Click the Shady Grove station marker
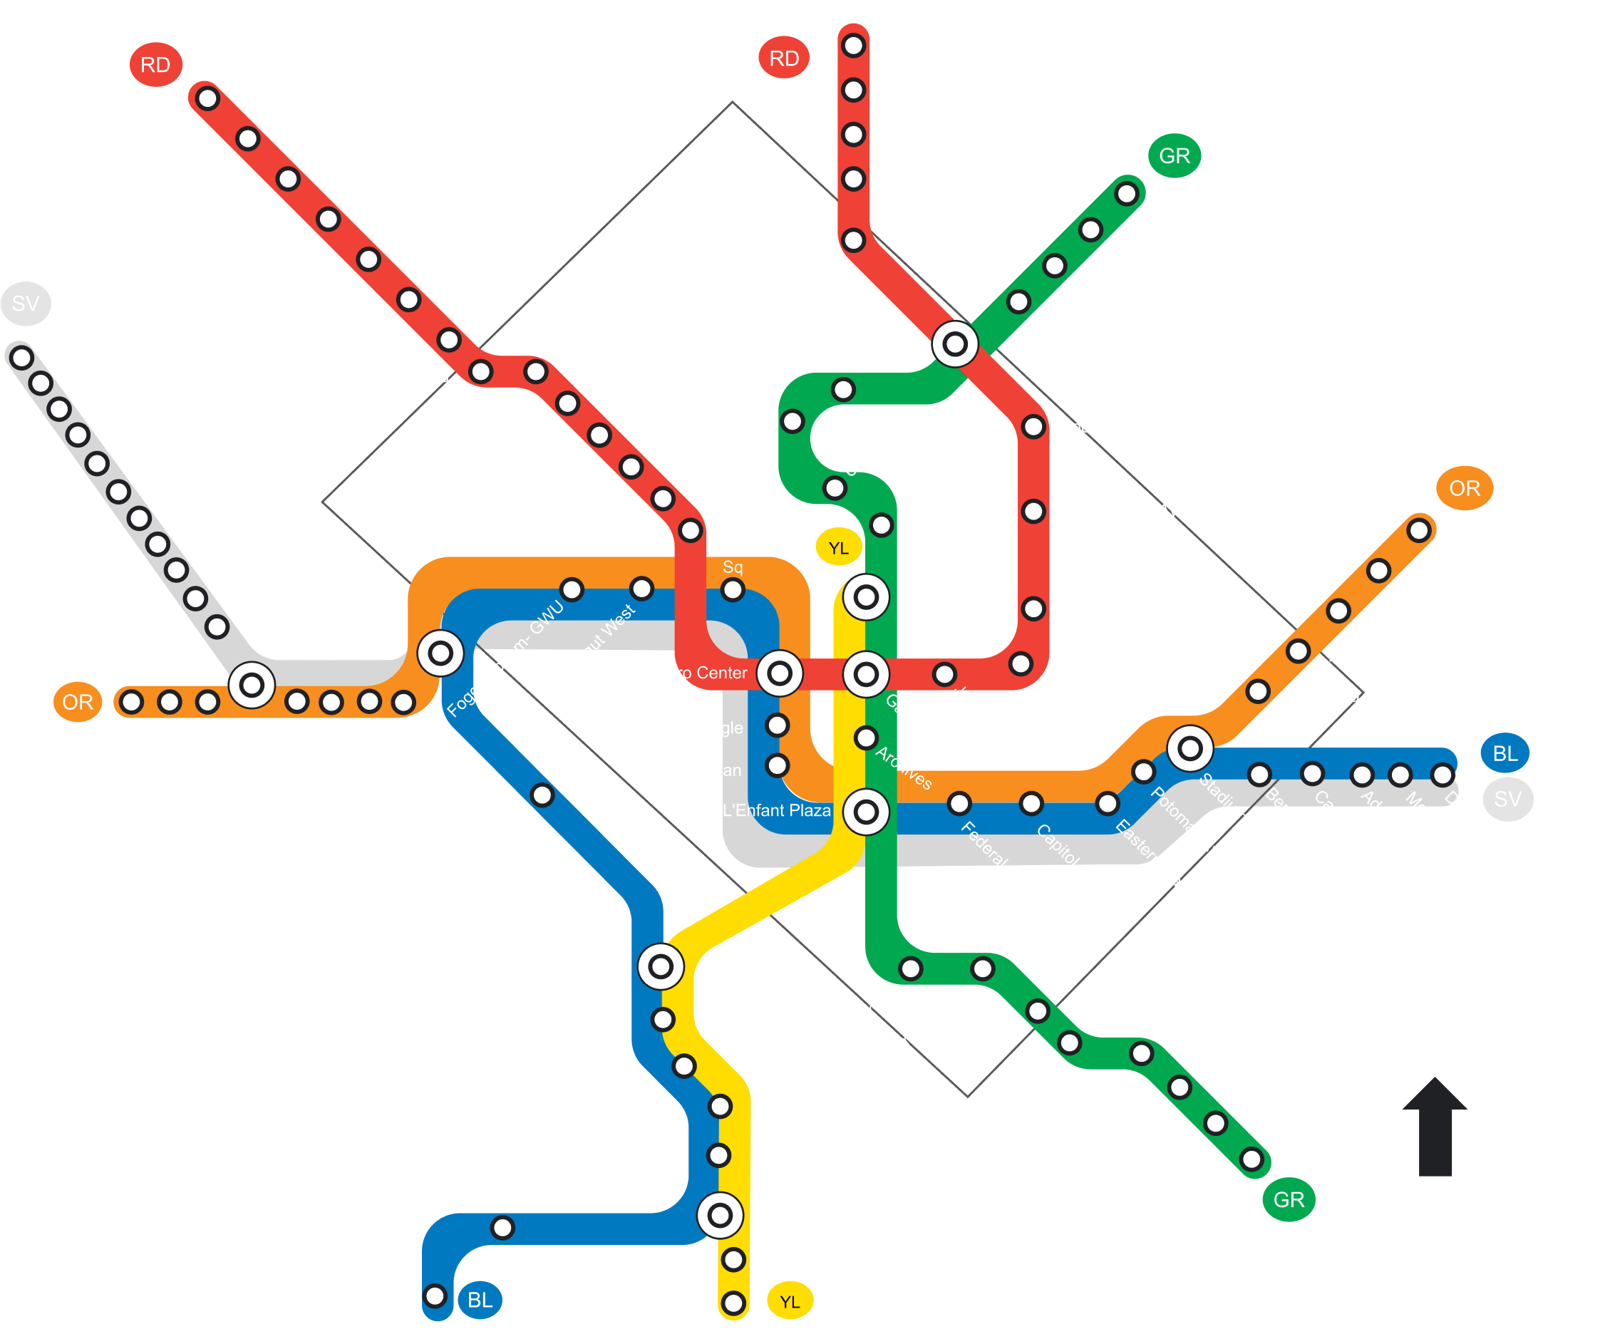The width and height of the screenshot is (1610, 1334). click(x=207, y=98)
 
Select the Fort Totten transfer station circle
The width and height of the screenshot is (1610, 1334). click(x=954, y=344)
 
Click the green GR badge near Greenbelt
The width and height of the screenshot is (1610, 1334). click(x=1174, y=155)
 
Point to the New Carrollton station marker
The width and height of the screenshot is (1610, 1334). click(x=1418, y=529)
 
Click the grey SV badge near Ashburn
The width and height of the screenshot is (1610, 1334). click(x=25, y=304)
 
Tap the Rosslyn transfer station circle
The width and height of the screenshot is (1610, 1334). click(x=440, y=653)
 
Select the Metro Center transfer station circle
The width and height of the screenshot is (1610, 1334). click(x=779, y=673)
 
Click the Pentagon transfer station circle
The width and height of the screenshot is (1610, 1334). click(x=660, y=967)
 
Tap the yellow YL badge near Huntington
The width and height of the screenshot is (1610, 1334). click(x=790, y=1301)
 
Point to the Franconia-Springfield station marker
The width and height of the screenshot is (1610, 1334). click(x=435, y=1296)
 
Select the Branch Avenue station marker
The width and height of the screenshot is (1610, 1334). click(x=1252, y=1159)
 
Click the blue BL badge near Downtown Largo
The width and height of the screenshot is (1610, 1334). click(x=1505, y=754)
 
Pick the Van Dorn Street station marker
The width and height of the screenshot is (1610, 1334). click(x=502, y=1227)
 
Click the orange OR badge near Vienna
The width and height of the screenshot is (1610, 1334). click(x=78, y=701)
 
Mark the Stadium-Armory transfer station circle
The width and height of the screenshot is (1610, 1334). click(x=1189, y=748)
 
